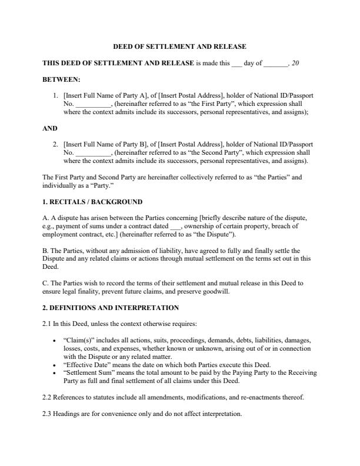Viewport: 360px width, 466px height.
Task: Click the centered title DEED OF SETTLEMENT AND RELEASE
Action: pos(179,46)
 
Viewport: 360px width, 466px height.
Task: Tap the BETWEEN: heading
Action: pos(62,79)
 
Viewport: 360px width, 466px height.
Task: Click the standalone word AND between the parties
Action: pos(50,128)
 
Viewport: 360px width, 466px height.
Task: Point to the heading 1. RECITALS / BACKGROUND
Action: pos(92,202)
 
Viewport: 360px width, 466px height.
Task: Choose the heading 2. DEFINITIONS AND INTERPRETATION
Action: pos(111,308)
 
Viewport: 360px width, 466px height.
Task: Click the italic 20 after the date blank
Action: pos(295,63)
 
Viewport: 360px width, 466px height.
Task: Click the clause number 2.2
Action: pos(47,397)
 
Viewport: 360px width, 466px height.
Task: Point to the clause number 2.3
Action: pos(47,414)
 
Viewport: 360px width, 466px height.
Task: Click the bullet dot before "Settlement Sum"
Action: pos(55,372)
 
